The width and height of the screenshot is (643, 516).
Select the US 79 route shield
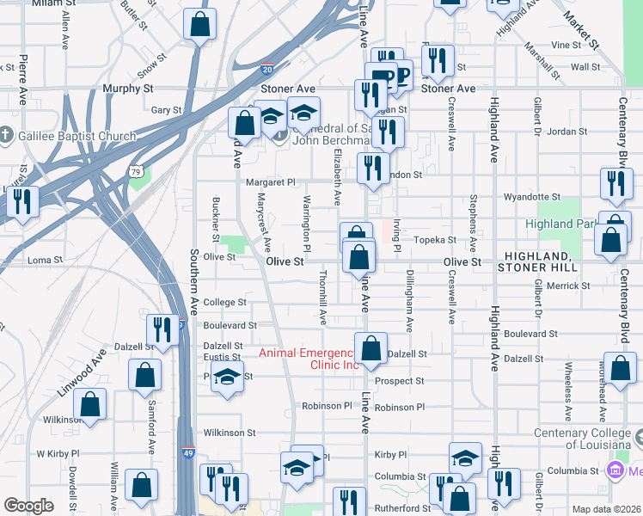(x=136, y=172)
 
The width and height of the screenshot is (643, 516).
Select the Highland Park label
(x=561, y=224)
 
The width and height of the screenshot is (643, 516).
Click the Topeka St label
(x=434, y=240)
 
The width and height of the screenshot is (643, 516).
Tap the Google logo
(x=29, y=506)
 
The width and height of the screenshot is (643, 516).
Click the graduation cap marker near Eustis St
(x=227, y=379)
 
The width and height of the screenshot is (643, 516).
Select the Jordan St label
(x=566, y=132)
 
